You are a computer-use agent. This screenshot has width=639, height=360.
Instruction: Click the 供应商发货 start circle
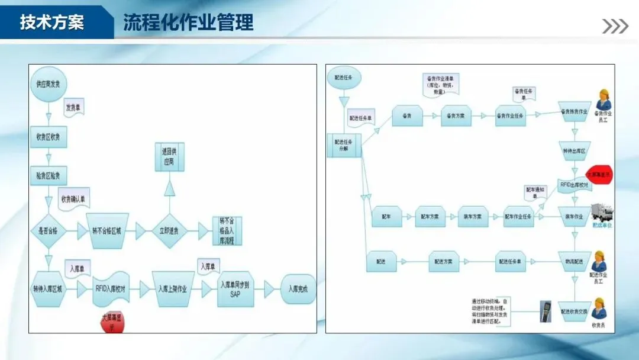coord(48,85)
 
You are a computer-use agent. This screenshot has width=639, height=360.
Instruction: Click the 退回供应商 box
coord(170,157)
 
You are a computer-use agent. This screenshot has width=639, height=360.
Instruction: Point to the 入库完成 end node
coord(298,289)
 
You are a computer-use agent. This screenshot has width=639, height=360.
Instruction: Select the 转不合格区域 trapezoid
coord(108,230)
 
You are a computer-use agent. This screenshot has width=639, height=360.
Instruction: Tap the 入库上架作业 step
coord(172,289)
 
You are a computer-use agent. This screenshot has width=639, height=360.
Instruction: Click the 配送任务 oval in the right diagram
coord(344,78)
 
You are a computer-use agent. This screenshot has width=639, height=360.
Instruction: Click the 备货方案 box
coord(456,116)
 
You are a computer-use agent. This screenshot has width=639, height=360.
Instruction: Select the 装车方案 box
coord(472,217)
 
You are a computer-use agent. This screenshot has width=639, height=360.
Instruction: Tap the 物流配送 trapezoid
coord(573,261)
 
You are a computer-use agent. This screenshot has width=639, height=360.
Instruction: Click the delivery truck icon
coord(601,213)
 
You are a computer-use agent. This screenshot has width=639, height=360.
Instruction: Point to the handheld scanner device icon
coord(545,311)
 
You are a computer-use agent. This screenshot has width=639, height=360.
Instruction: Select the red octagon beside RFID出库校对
coord(600,175)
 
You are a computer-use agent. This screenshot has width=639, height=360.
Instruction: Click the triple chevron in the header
coord(615,26)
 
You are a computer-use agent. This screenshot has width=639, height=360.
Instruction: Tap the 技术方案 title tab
coord(52,22)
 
